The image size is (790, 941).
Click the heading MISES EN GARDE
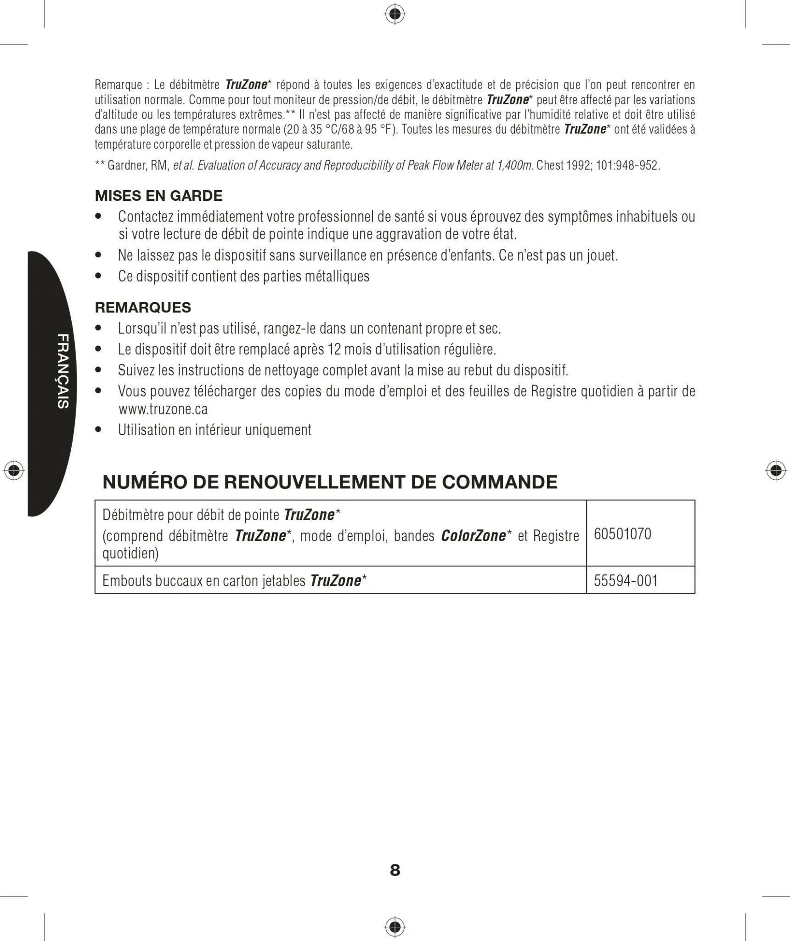point(158,196)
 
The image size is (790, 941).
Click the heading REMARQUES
point(143,307)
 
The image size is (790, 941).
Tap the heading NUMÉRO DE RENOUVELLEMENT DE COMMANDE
point(330,482)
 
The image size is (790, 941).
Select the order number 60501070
point(622,534)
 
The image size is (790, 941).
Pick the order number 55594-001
point(626,581)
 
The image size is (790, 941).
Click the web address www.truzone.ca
point(163,409)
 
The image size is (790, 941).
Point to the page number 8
point(395,870)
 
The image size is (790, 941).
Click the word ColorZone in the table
point(473,536)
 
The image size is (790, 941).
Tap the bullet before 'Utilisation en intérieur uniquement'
point(98,430)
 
